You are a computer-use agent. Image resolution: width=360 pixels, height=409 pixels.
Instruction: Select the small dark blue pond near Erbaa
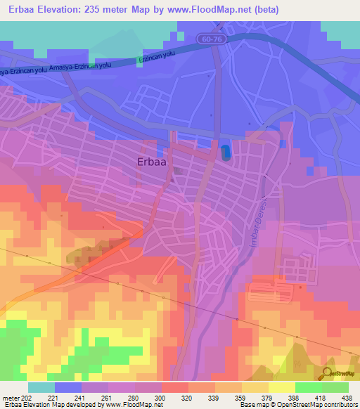(225, 151)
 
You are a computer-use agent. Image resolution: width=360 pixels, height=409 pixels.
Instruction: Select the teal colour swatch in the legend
(41, 387)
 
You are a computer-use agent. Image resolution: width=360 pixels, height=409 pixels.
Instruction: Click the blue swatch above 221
(67, 387)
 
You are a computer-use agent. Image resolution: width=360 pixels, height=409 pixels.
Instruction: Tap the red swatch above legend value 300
(174, 387)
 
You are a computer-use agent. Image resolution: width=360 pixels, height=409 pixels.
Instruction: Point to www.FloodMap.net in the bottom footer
(134, 405)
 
